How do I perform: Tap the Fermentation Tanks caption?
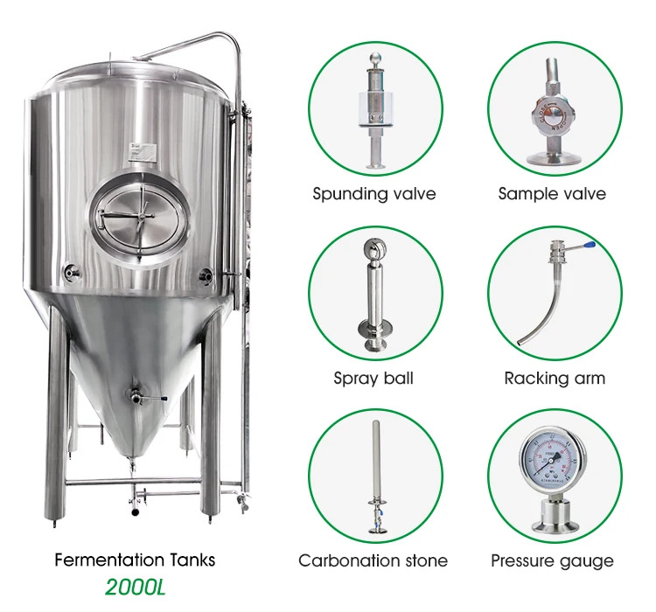(x=135, y=560)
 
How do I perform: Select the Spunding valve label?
(x=374, y=194)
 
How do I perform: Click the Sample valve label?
(x=552, y=194)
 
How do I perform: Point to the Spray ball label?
(x=373, y=379)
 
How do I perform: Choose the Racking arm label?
(x=555, y=379)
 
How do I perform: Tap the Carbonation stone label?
(x=373, y=561)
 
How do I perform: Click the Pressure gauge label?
(x=552, y=561)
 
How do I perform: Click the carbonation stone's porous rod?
(x=373, y=459)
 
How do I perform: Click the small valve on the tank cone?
(x=136, y=397)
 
